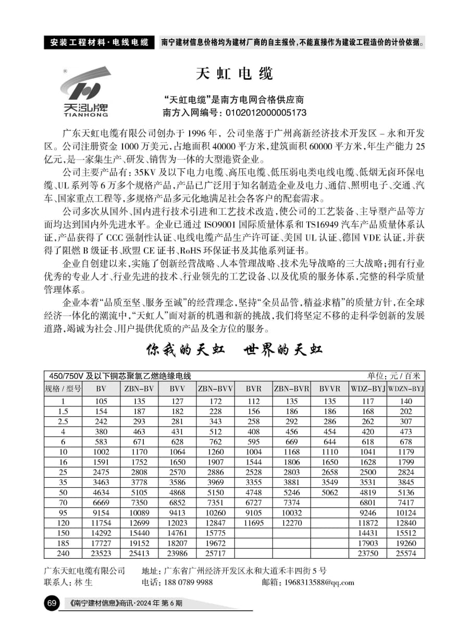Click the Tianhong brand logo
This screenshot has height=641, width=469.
tap(85, 91)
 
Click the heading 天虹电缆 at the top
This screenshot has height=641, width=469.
tap(234, 74)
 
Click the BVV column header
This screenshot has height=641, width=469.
tap(177, 389)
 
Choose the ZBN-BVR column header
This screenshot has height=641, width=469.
tap(291, 389)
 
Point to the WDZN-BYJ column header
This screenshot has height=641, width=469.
tap(406, 389)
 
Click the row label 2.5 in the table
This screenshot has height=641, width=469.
tap(63, 421)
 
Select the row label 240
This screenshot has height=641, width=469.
tap(63, 553)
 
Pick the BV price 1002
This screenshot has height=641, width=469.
tap(101, 452)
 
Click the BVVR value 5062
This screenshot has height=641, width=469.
tap(329, 492)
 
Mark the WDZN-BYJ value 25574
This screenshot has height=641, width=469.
tap(406, 553)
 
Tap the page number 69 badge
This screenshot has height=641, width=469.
tap(52, 603)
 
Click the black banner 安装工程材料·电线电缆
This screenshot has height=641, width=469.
tap(100, 42)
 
